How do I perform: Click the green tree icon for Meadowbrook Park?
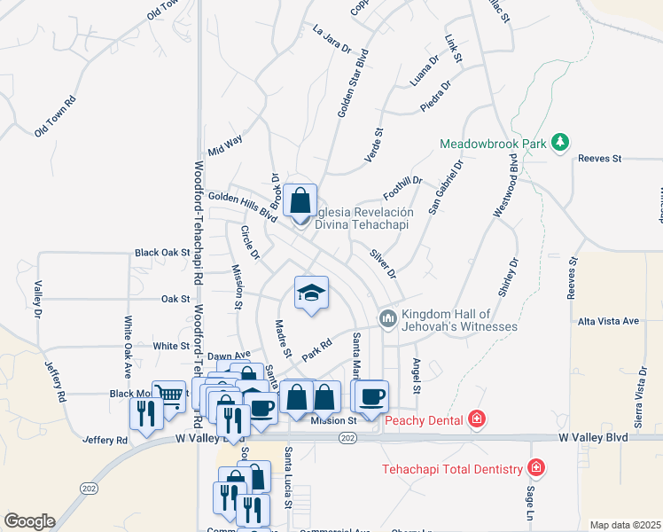coord(559,142)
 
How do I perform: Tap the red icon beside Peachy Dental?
coord(477,418)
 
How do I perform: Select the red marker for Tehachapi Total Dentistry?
coord(535,467)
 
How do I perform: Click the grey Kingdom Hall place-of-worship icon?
coord(387,317)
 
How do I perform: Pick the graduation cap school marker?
coord(311,293)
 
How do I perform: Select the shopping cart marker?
coord(168,395)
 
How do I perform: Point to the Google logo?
coord(28,521)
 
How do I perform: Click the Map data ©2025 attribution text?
coord(624,525)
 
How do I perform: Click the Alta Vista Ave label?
coord(607,320)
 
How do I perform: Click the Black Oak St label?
coord(162,253)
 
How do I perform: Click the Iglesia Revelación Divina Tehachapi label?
coord(364,218)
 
